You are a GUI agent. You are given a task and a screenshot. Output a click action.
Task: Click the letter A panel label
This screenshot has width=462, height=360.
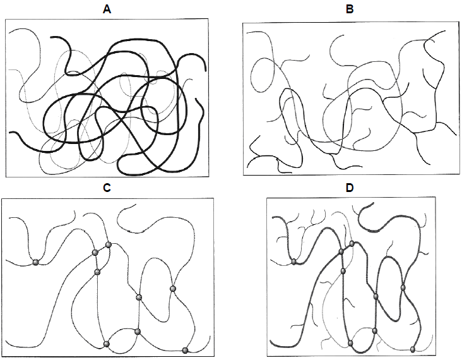107,9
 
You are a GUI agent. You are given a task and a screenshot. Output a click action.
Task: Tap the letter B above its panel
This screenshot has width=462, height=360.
350,9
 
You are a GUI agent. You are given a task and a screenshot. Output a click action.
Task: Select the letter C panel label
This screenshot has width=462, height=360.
107,188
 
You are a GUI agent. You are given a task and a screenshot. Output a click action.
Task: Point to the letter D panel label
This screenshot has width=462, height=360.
350,188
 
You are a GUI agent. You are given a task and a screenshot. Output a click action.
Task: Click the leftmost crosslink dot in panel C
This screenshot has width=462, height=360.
35,262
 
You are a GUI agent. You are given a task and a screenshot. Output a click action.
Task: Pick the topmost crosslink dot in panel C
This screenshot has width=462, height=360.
109,244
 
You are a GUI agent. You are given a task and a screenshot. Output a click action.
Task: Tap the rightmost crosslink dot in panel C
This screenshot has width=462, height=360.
185,351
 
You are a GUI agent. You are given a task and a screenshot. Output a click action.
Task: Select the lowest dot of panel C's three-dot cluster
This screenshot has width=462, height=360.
97,272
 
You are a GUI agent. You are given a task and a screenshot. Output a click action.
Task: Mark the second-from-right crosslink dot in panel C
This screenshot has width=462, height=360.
173,289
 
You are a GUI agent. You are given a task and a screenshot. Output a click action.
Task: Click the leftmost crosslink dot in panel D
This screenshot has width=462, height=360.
293,261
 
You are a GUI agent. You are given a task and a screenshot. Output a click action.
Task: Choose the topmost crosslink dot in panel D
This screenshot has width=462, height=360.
352,244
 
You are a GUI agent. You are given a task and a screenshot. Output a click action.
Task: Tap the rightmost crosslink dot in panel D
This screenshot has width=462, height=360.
413,349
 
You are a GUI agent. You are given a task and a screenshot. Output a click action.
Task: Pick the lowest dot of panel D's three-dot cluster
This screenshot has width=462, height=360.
343,271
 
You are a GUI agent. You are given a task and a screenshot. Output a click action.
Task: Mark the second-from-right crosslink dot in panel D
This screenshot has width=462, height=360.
403,287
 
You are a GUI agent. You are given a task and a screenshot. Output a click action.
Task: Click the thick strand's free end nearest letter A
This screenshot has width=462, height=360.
51,37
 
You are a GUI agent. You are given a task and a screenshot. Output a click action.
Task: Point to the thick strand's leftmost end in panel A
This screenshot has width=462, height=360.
10,133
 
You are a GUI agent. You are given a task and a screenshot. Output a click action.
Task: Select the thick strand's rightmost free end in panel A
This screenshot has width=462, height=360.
205,71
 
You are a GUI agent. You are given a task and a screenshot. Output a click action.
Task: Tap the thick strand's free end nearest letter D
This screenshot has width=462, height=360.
373,203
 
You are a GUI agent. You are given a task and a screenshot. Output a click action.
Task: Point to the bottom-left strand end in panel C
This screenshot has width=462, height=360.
6,341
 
